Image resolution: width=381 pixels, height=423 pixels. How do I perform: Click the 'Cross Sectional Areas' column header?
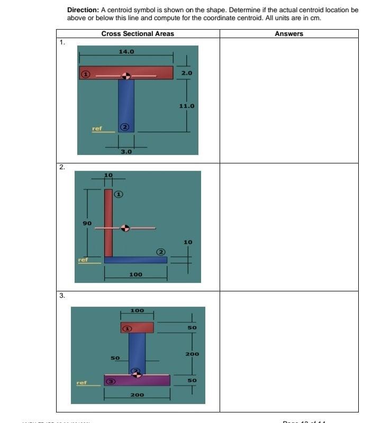pyautogui.click(x=138, y=34)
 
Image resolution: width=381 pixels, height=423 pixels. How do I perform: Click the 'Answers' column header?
pyautogui.click(x=289, y=34)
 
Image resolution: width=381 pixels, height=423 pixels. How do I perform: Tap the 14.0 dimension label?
pyautogui.click(x=126, y=52)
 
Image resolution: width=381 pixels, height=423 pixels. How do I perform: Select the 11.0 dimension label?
pyautogui.click(x=187, y=106)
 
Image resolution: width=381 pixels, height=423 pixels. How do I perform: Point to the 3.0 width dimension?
pyautogui.click(x=126, y=152)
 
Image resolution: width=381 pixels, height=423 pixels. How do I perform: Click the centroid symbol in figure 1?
pyautogui.click(x=126, y=76)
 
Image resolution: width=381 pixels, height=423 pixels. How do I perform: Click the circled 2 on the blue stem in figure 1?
pyautogui.click(x=124, y=127)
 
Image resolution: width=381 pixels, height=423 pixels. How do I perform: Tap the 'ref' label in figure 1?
pyautogui.click(x=97, y=128)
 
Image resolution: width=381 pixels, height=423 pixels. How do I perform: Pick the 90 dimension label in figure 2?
pyautogui.click(x=87, y=223)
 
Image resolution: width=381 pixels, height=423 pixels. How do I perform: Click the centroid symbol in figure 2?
pyautogui.click(x=125, y=228)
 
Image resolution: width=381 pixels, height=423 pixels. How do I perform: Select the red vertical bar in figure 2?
pyautogui.click(x=108, y=222)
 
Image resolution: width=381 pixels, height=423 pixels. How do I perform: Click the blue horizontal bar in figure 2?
pyautogui.click(x=136, y=260)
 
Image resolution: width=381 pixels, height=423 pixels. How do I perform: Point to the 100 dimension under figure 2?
pyautogui.click(x=135, y=274)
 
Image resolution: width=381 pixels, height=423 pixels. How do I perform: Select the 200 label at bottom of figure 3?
pyautogui.click(x=137, y=395)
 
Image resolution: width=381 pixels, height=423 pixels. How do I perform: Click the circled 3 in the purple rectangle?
pyautogui.click(x=111, y=380)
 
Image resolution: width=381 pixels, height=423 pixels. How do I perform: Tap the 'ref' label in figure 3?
pyautogui.click(x=81, y=382)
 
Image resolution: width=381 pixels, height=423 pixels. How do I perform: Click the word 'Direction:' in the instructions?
pyautogui.click(x=83, y=10)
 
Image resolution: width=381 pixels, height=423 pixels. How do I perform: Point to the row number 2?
pyautogui.click(x=62, y=167)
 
